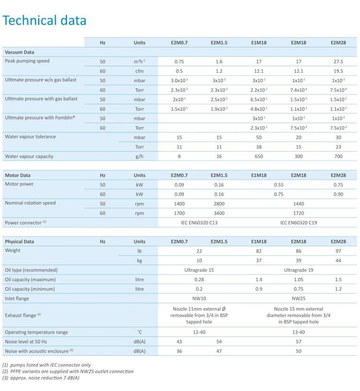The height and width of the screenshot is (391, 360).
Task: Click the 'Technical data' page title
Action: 44,20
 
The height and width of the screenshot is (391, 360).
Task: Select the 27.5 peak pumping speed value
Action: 338,61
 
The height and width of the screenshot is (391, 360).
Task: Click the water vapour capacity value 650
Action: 259,156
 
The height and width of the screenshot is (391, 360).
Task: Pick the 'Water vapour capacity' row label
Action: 29,156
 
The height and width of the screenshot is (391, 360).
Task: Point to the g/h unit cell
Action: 139,156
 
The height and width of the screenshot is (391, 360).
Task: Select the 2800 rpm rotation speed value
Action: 219,204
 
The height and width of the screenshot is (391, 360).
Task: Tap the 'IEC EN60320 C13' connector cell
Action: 199,223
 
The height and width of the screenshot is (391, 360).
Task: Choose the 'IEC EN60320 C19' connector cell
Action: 299,223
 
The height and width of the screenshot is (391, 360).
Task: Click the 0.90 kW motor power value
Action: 338,194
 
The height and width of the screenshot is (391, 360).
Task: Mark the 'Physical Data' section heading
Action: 19,242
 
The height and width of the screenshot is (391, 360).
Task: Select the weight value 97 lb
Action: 338,251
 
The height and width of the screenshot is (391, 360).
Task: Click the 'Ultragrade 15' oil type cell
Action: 199,270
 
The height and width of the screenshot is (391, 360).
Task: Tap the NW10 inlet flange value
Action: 199,299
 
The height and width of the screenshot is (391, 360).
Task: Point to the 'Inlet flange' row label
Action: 17,299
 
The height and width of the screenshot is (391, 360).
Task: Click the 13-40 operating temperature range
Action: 299,332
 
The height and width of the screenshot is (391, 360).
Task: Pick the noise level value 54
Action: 219,342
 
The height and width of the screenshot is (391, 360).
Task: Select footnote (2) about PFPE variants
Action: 68,371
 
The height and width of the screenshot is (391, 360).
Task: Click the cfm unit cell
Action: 139,71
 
